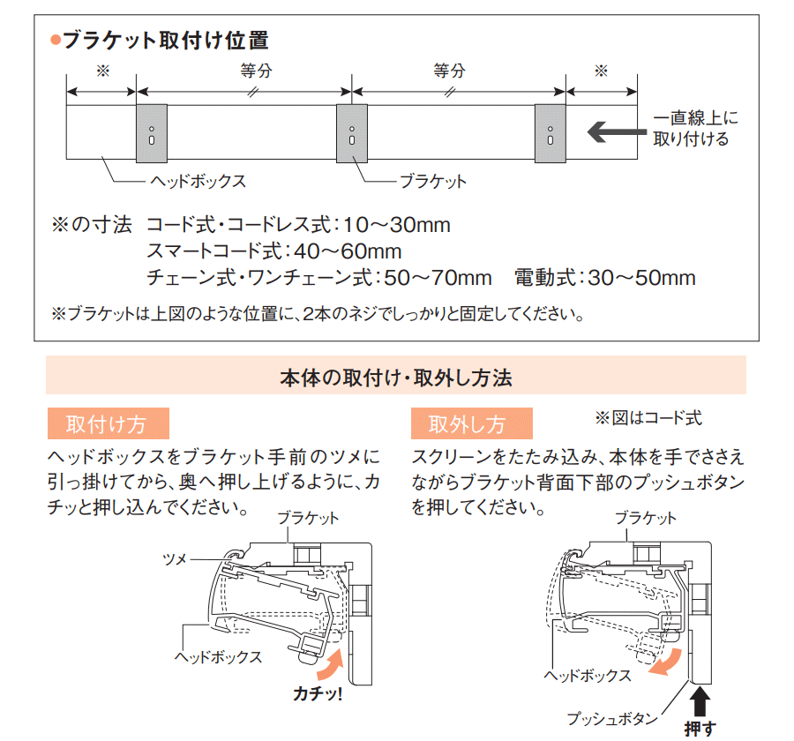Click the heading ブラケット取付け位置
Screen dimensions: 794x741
(x=166, y=41)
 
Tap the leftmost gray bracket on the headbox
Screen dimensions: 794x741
(x=152, y=134)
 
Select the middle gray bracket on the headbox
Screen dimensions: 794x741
(x=352, y=134)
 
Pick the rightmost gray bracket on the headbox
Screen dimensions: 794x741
(x=551, y=134)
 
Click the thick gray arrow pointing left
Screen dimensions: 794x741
(x=617, y=132)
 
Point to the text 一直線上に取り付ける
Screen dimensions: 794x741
(x=695, y=129)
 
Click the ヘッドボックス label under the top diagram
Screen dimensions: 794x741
(x=198, y=181)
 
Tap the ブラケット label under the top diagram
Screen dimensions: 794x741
(x=433, y=181)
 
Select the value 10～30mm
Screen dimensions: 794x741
(x=397, y=224)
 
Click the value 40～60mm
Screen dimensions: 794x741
(x=348, y=251)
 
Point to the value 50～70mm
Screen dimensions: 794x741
(x=438, y=278)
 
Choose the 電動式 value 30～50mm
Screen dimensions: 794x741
(x=641, y=278)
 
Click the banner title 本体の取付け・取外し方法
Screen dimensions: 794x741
(x=396, y=378)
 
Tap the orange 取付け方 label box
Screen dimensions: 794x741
(x=108, y=423)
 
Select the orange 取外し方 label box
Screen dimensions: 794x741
(x=471, y=423)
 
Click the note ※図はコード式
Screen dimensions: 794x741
(x=648, y=418)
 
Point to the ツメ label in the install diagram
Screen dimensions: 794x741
(x=175, y=559)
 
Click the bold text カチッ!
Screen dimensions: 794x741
(x=318, y=693)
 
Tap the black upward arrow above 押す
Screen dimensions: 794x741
(x=700, y=700)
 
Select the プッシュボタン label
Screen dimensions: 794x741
(x=612, y=718)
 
